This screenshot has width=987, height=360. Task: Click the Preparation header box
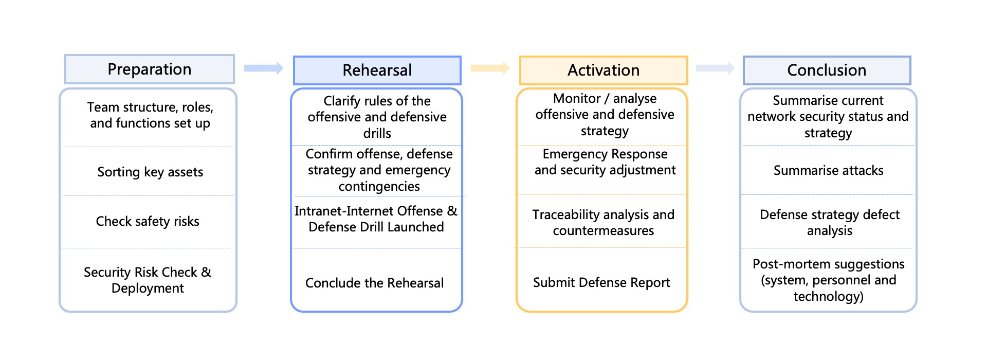click(x=150, y=69)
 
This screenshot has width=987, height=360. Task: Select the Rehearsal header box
click(x=377, y=70)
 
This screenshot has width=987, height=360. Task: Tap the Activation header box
click(x=604, y=70)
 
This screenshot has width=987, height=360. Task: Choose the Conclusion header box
click(x=827, y=70)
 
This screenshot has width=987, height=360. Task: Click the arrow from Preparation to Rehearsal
click(x=264, y=68)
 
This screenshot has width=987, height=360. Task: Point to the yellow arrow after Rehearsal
click(x=490, y=68)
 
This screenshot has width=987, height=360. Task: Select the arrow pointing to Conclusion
click(x=715, y=68)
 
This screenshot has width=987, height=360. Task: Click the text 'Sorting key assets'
click(x=150, y=172)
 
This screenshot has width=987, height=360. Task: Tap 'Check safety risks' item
click(x=148, y=221)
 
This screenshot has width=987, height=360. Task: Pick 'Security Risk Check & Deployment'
click(x=148, y=280)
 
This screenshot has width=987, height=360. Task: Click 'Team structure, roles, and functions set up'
click(x=150, y=115)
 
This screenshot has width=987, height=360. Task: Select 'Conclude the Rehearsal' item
click(x=374, y=283)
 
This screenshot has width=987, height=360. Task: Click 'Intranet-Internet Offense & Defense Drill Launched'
click(x=376, y=219)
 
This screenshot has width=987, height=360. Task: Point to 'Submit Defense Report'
click(x=601, y=282)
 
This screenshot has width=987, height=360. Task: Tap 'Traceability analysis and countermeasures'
click(x=604, y=222)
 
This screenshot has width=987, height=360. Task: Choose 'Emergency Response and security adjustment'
click(x=605, y=161)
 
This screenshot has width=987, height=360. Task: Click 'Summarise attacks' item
click(x=828, y=170)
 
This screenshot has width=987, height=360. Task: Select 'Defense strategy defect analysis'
click(x=830, y=222)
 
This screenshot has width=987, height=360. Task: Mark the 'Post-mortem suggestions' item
click(x=828, y=280)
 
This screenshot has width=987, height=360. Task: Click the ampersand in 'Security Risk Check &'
click(x=206, y=272)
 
